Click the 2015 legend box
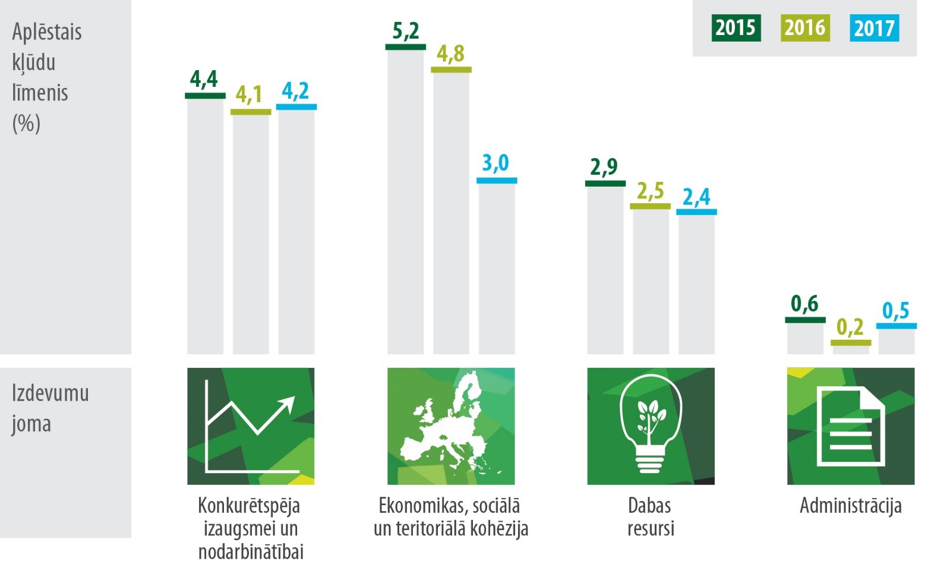[x=736, y=28]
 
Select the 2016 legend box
[x=805, y=28]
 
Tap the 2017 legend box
[x=874, y=28]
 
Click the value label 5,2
[x=406, y=30]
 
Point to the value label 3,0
[x=495, y=162]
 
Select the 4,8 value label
[x=450, y=53]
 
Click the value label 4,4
[x=204, y=78]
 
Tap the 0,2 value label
[x=850, y=326]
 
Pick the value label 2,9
[x=604, y=167]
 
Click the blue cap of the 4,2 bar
[x=296, y=107]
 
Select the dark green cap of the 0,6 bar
[x=805, y=320]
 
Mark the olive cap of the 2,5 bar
[x=650, y=206]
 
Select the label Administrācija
[x=850, y=506]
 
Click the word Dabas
[x=650, y=506]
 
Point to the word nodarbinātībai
[x=251, y=551]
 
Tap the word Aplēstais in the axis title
[x=47, y=32]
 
